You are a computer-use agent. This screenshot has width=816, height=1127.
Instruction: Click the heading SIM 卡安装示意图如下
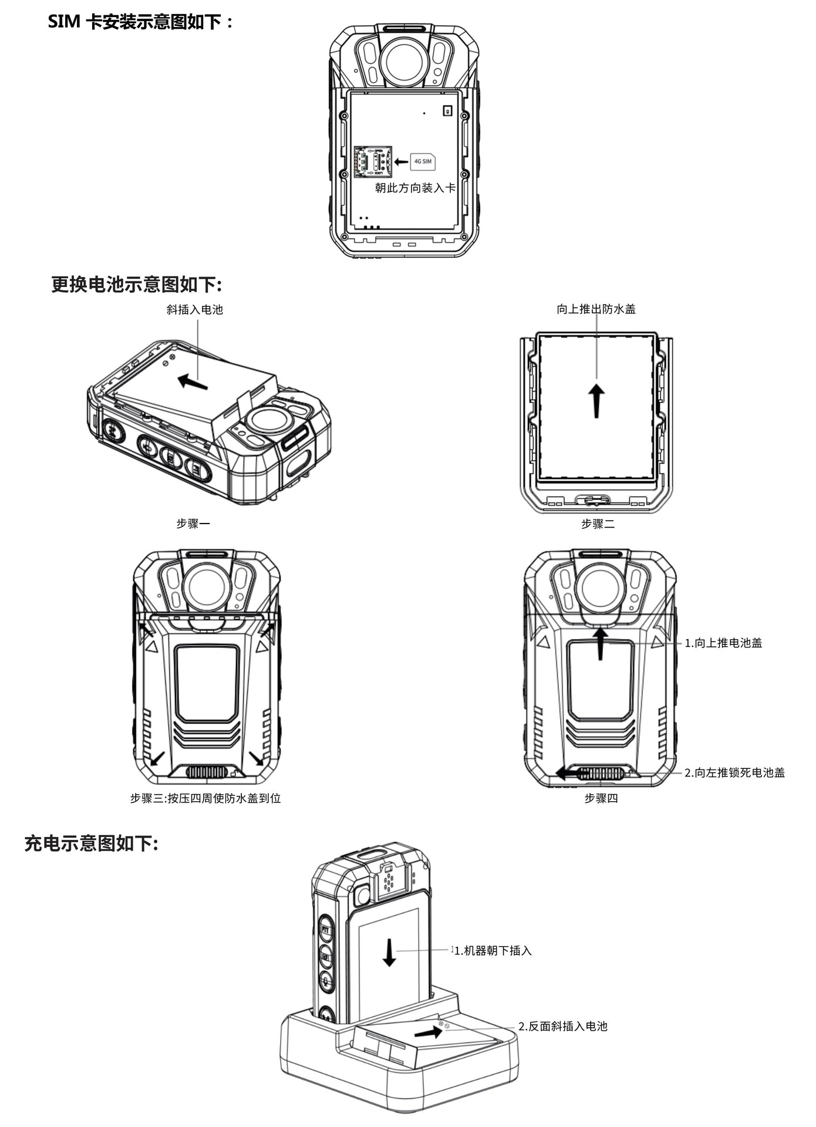(141, 22)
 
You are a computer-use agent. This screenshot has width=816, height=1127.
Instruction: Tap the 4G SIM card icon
(423, 161)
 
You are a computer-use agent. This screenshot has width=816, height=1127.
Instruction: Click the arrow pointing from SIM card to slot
(401, 161)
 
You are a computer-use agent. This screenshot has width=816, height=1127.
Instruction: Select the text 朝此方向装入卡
(415, 188)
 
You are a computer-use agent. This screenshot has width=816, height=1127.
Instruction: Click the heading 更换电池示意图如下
(136, 285)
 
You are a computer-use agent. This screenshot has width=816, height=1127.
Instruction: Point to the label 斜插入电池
(194, 309)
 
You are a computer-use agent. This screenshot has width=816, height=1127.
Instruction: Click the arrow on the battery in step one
(193, 382)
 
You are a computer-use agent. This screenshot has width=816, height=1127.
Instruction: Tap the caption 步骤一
(193, 523)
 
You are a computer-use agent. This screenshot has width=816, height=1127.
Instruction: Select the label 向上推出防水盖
(596, 309)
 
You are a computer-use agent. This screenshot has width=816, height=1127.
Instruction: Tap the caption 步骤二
(598, 524)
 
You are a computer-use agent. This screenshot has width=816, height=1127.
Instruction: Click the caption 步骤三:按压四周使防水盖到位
(205, 798)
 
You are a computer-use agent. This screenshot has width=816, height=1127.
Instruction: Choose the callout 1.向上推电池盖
(723, 643)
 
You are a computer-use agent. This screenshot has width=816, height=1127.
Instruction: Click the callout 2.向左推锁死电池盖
(734, 772)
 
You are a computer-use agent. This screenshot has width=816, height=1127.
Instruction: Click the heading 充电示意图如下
(92, 843)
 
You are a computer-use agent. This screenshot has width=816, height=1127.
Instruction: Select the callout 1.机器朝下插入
(493, 950)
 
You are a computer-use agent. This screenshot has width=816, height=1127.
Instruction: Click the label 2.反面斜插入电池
(562, 1026)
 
